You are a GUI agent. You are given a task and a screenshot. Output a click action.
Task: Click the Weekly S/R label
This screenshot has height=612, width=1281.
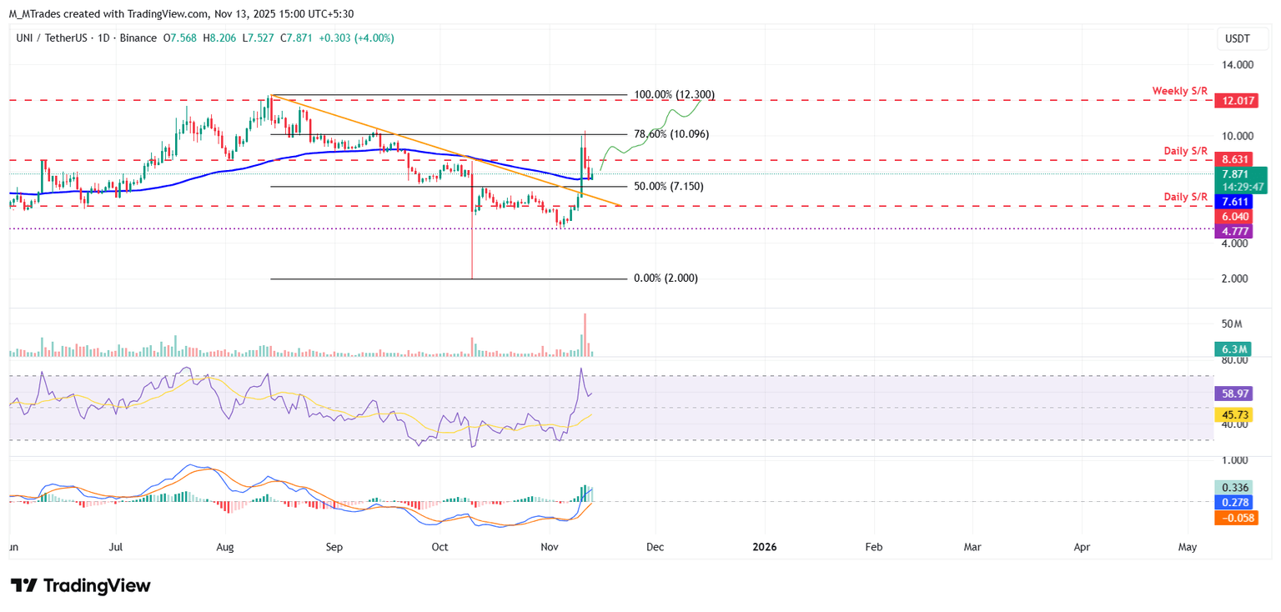tap(1180, 90)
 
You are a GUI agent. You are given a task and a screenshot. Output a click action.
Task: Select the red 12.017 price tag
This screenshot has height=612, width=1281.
tap(1234, 101)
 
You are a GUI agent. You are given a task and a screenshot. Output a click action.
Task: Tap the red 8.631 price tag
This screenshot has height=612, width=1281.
tap(1234, 159)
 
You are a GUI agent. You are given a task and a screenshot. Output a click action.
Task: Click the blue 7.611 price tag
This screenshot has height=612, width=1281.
tap(1234, 203)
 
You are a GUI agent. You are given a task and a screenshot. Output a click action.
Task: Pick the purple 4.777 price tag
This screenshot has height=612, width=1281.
tap(1234, 230)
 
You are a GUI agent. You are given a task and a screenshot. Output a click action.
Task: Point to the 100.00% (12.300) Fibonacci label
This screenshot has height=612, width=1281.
tap(674, 95)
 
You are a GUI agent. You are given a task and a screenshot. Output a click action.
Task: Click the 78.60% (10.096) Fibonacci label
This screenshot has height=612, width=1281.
tap(671, 134)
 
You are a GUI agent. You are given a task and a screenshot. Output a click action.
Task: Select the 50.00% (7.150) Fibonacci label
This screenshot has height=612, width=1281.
tap(668, 187)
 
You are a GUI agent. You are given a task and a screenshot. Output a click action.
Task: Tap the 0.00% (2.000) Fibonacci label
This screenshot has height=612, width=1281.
tap(666, 278)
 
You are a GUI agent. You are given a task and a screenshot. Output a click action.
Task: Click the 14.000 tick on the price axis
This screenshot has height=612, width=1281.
tap(1237, 64)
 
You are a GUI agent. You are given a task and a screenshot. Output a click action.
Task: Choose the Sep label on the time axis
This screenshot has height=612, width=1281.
tap(334, 547)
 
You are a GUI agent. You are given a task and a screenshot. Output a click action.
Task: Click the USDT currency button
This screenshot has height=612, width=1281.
tap(1237, 38)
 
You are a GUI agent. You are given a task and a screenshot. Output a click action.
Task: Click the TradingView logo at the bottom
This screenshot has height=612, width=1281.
tap(81, 585)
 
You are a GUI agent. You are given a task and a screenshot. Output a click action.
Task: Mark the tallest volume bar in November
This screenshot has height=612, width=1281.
tap(585, 334)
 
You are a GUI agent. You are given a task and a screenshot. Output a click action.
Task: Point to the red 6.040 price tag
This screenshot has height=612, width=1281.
tap(1234, 217)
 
